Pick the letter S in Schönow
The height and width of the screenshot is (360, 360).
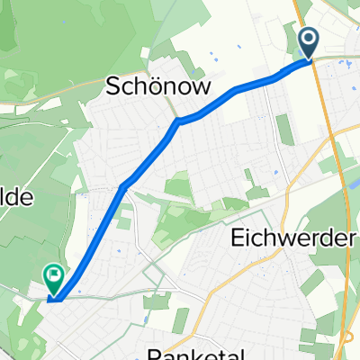click(x=113, y=86)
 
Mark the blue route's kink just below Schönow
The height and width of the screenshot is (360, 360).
click(x=179, y=120)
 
